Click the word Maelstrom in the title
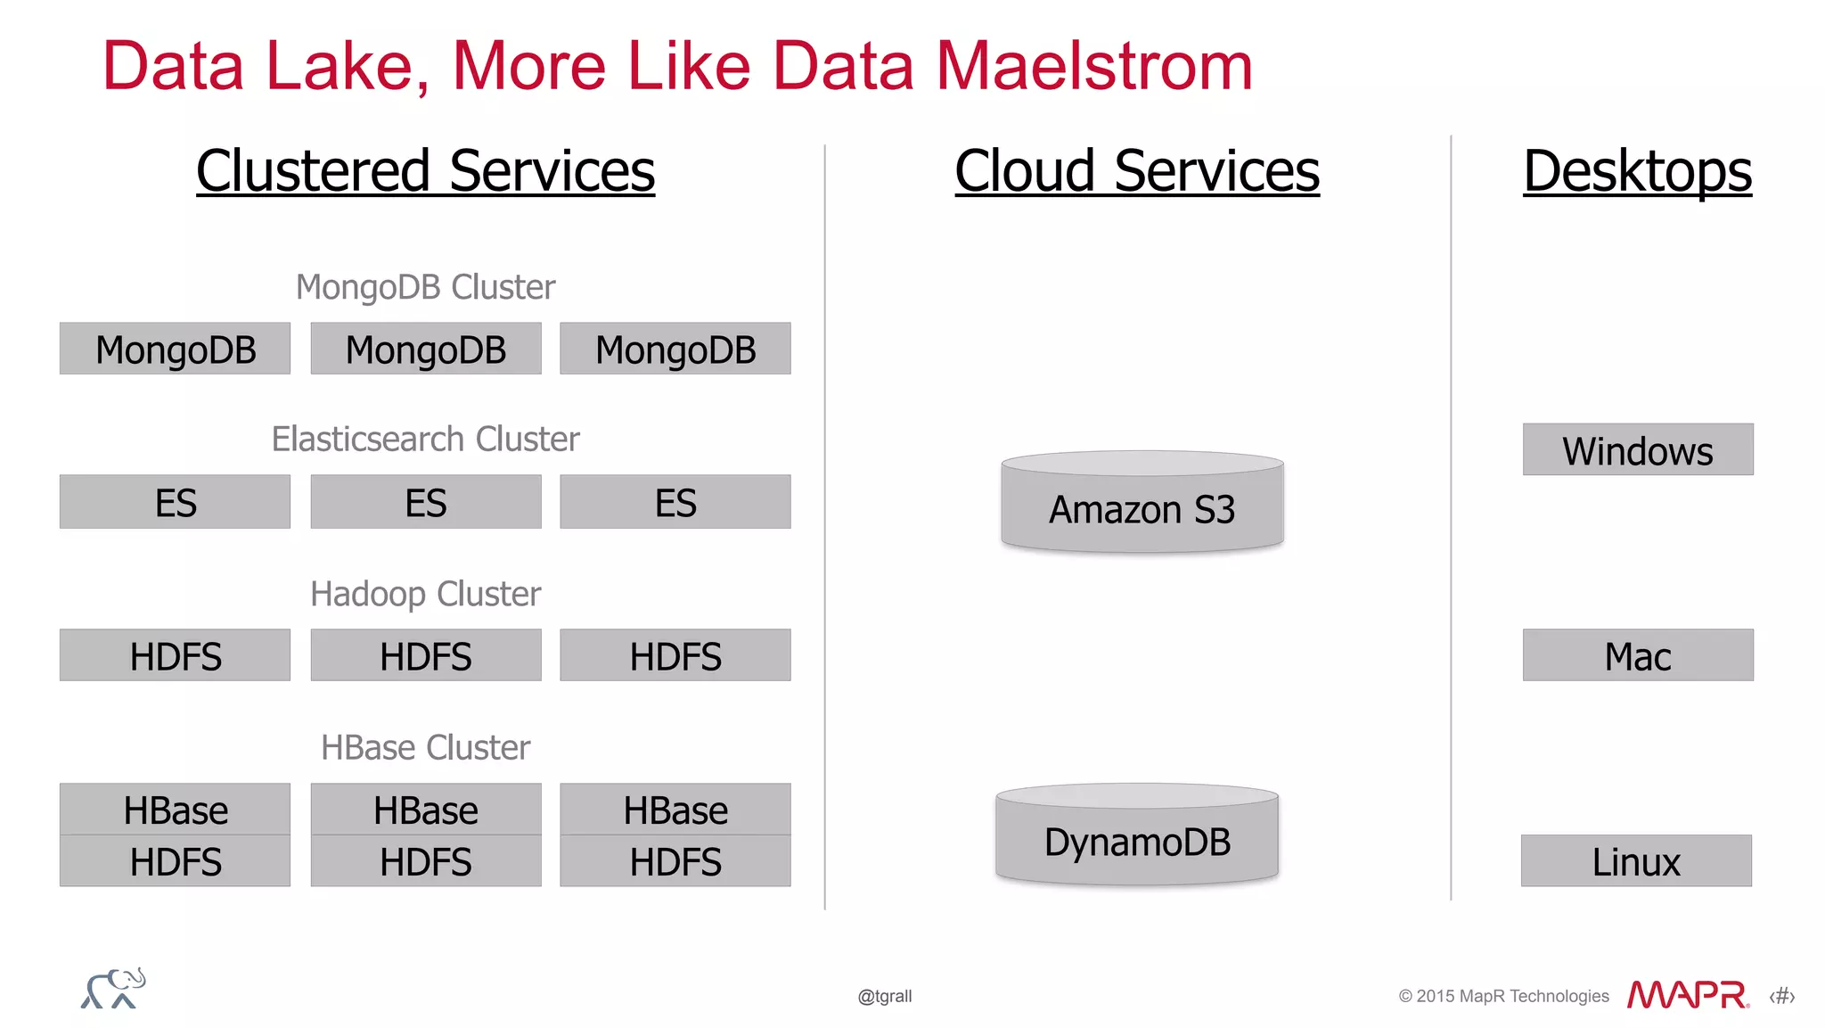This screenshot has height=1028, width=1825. [x=1093, y=66]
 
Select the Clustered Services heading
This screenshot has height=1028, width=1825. [x=425, y=170]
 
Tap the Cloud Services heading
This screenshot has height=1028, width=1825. [x=1136, y=170]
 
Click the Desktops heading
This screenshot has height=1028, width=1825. [x=1637, y=170]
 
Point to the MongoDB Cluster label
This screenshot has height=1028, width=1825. [x=425, y=287]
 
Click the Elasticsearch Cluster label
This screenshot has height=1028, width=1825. [x=425, y=439]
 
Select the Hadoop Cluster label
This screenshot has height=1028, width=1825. [x=425, y=594]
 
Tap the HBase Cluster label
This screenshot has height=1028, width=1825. [x=425, y=747]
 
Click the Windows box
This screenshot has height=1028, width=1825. [x=1637, y=449]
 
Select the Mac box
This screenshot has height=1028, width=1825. [x=1637, y=655]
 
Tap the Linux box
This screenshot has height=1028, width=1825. [x=1636, y=860]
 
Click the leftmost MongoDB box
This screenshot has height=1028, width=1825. [x=175, y=349]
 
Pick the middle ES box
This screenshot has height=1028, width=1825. [x=425, y=502]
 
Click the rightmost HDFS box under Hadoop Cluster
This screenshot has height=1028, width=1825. [x=675, y=655]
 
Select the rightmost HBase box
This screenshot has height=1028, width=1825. [x=675, y=810]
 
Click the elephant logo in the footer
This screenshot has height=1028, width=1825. [x=113, y=989]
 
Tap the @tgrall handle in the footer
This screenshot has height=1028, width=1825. [x=884, y=996]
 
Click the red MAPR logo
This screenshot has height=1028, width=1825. [x=1687, y=994]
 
